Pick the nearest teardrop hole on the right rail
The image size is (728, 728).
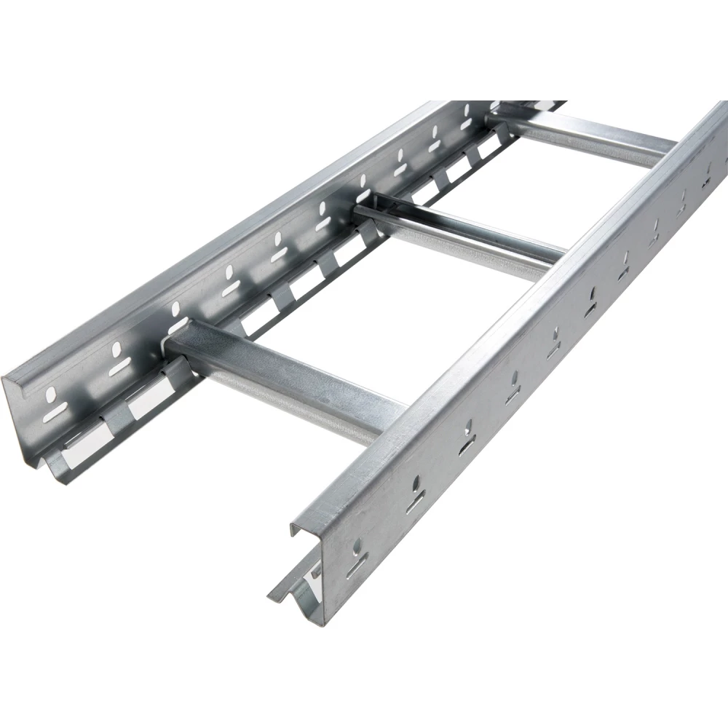[x=359, y=545]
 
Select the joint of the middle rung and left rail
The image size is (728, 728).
[x=364, y=211]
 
